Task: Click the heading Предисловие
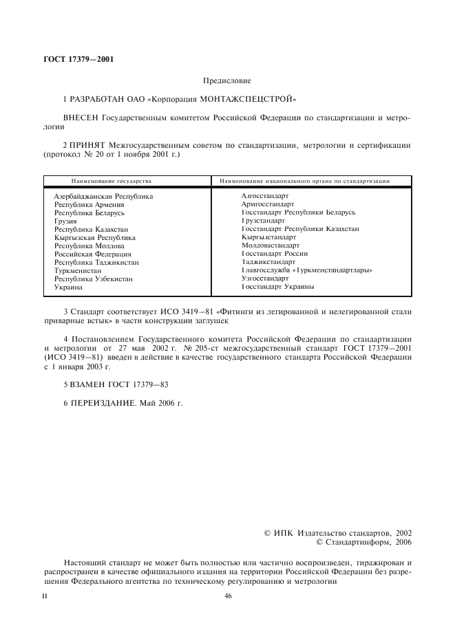pos(226,81)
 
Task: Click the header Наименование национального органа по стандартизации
pos(305,181)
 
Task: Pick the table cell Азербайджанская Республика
pos(103,196)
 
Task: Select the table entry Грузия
pos(66,221)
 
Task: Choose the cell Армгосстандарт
pos(268,204)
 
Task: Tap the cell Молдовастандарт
pos(271,246)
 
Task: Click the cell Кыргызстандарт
pos(269,237)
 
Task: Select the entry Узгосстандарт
pos(265,279)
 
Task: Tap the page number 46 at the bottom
pos(228,596)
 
